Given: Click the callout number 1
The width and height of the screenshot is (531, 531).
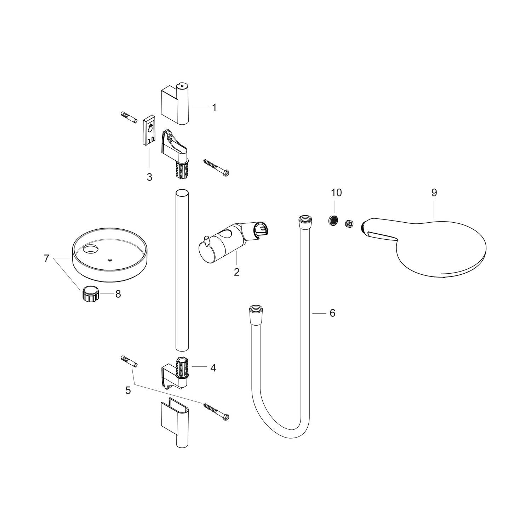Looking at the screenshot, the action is point(214,107).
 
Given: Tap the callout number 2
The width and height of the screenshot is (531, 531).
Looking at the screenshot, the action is point(237,272).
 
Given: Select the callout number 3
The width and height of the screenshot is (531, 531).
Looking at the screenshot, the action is point(149,177).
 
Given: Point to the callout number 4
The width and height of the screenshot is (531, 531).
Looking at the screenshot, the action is point(213,368).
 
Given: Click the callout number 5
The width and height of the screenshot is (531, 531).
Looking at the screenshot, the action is point(128,390).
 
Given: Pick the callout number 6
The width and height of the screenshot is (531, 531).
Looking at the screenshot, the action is point(332,313).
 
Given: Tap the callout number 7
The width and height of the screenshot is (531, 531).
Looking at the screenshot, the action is point(46,258).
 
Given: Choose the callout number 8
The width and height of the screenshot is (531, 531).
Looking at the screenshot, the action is point(118,294).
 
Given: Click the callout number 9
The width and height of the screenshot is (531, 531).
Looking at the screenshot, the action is point(434,193).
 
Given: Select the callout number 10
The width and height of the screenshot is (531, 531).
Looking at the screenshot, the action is point(336,193).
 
